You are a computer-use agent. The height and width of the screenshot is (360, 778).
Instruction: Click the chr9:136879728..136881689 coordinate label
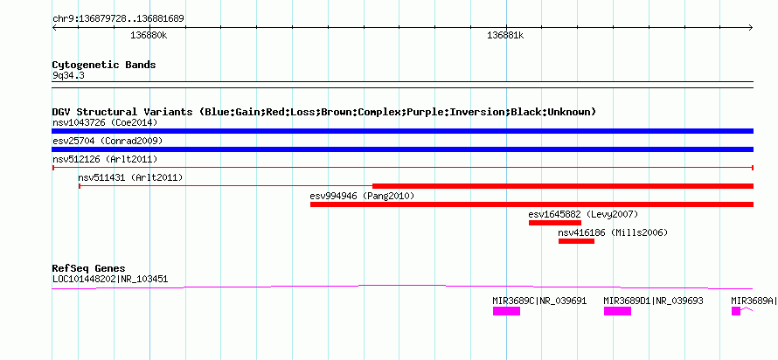pyautogui.click(x=119, y=19)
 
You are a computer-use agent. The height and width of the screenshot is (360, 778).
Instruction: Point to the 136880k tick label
pyautogui.click(x=149, y=36)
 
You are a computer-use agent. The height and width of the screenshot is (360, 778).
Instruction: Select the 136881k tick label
pyautogui.click(x=505, y=36)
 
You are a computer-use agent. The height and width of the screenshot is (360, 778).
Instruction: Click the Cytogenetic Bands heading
pyautogui.click(x=104, y=65)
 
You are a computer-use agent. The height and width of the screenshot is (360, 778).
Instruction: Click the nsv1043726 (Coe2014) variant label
pyautogui.click(x=104, y=122)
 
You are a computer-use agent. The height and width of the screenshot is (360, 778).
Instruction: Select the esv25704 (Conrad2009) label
pyautogui.click(x=108, y=142)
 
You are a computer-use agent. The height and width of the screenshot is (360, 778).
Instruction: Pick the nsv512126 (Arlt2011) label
pyautogui.click(x=105, y=159)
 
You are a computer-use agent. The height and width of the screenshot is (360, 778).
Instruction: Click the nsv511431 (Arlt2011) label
pyautogui.click(x=130, y=177)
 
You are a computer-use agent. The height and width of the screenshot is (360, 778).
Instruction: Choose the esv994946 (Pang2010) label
pyautogui.click(x=362, y=196)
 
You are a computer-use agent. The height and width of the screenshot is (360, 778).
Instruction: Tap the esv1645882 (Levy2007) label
pyautogui.click(x=583, y=214)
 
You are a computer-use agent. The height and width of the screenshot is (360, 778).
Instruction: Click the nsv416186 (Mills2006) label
pyautogui.click(x=614, y=232)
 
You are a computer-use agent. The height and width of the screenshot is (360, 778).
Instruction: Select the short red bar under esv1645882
pyautogui.click(x=555, y=223)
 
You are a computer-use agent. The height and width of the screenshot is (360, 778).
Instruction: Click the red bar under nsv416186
pyautogui.click(x=576, y=241)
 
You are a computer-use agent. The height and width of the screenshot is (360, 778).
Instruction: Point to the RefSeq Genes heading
pyautogui.click(x=89, y=269)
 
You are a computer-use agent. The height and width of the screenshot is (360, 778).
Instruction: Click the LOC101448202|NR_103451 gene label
pyautogui.click(x=110, y=279)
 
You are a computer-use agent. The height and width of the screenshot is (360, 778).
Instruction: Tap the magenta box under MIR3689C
pyautogui.click(x=506, y=311)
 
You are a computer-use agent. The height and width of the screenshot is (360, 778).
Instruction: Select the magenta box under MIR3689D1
pyautogui.click(x=617, y=311)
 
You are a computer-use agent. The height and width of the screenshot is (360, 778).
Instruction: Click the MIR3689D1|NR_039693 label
pyautogui.click(x=653, y=301)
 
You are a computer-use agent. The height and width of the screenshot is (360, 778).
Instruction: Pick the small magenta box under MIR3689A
pyautogui.click(x=736, y=311)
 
